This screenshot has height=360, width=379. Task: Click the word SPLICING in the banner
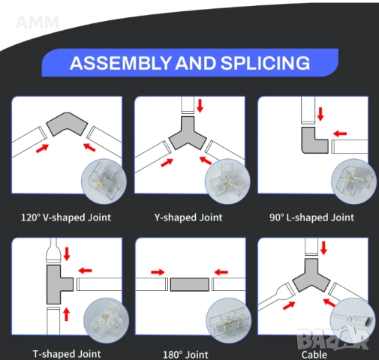point(265,63)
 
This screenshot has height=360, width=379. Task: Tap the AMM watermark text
point(37,22)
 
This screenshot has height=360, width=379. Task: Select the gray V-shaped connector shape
point(67,123)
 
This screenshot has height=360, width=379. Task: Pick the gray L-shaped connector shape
point(311,142)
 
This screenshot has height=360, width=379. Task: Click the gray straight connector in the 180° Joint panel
point(190,284)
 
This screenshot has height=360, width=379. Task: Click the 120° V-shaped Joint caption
point(66,217)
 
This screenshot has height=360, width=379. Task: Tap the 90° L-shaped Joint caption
point(311,217)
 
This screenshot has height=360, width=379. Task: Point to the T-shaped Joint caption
point(67,354)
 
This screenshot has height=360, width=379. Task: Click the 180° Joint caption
point(185,355)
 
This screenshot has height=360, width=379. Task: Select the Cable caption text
point(314,355)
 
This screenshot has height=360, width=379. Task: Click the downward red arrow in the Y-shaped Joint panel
point(200,106)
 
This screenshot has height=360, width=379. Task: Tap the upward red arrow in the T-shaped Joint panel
point(66,314)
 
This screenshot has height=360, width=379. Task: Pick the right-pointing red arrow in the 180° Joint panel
point(158,272)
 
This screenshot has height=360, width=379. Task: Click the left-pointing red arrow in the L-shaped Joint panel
point(340,133)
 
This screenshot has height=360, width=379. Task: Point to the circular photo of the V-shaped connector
point(104,181)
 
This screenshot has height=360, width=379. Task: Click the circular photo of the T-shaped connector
point(106,320)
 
